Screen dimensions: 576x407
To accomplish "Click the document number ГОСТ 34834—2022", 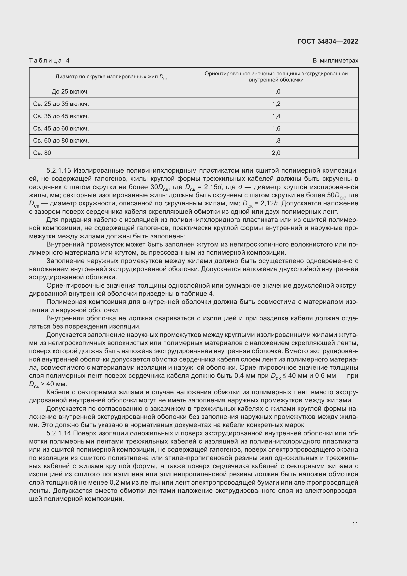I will [x=328, y=41].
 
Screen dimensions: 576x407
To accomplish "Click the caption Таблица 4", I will [x=49, y=61].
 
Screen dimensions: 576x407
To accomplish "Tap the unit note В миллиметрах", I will [x=335, y=61].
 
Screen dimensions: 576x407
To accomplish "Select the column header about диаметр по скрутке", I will [x=111, y=77].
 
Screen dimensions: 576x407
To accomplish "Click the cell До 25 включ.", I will [x=70, y=92].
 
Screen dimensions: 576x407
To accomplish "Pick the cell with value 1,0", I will [x=276, y=92].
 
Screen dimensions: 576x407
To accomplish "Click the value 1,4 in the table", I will [x=276, y=116].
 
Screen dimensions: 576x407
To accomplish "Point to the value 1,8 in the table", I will [x=276, y=140].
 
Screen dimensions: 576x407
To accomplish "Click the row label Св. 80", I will [x=42, y=153].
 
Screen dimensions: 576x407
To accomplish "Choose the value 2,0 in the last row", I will [x=276, y=153].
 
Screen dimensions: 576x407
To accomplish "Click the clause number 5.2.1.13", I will [x=59, y=171].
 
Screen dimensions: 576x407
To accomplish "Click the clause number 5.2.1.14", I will [x=59, y=433].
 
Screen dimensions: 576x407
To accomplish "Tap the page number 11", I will [x=355, y=524].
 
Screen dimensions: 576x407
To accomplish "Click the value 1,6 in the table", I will [x=276, y=129].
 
